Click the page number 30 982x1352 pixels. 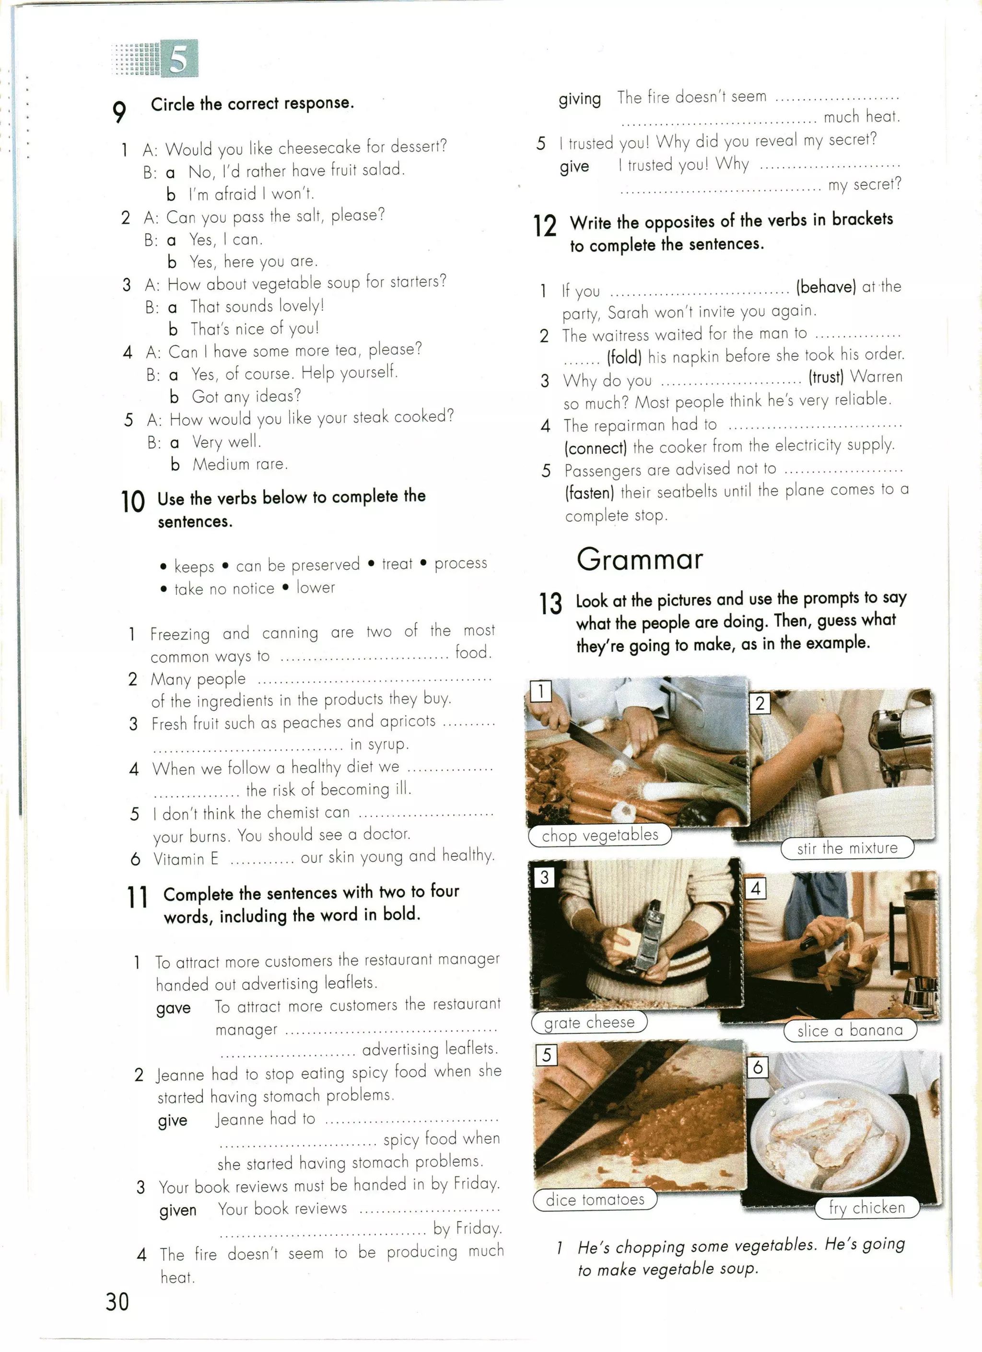(117, 1301)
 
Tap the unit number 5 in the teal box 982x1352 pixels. (179, 59)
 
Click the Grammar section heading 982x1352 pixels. (639, 559)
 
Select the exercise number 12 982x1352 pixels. (545, 226)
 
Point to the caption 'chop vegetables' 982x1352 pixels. (599, 835)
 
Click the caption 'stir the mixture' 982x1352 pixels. (847, 848)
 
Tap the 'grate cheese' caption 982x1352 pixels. (589, 1022)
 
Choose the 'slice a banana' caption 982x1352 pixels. (850, 1030)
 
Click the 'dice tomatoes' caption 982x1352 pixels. (595, 1199)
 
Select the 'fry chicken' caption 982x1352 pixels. (866, 1208)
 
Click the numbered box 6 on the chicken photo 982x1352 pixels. (757, 1067)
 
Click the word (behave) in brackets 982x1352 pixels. (826, 287)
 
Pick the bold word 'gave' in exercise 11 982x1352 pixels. (174, 1008)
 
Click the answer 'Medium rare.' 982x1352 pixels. (240, 464)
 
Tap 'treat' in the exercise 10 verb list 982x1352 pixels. (397, 564)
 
